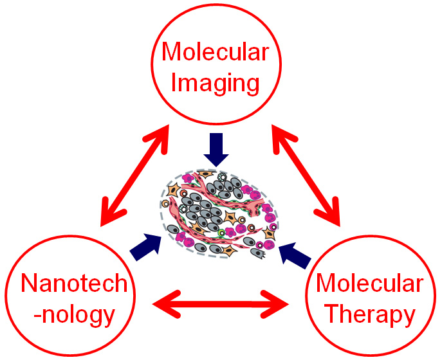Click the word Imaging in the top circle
(x=215, y=84)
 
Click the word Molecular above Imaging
(x=216, y=51)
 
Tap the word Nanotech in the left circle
(x=74, y=283)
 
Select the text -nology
(x=74, y=315)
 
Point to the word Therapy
(x=371, y=315)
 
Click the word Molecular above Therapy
(x=370, y=283)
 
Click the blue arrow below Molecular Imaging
(x=216, y=150)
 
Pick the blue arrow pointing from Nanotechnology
(x=146, y=246)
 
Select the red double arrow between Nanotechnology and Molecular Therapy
(x=221, y=304)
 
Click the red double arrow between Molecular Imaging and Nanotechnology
(x=134, y=175)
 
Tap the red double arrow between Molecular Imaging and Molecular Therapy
(x=306, y=175)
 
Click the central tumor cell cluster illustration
(x=219, y=214)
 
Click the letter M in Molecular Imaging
(x=171, y=51)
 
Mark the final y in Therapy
(x=409, y=318)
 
